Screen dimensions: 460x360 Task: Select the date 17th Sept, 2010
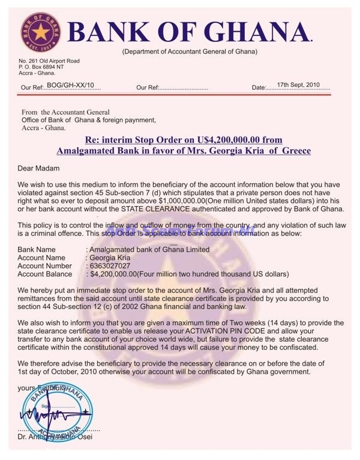click(x=299, y=86)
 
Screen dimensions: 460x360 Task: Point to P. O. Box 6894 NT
click(x=45, y=67)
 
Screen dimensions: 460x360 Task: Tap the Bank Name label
click(x=37, y=249)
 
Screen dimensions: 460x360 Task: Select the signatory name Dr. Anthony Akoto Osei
click(x=59, y=445)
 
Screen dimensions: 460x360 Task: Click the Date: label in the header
click(x=259, y=88)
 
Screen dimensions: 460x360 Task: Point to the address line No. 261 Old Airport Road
click(x=49, y=61)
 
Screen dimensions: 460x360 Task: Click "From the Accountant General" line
click(x=65, y=112)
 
